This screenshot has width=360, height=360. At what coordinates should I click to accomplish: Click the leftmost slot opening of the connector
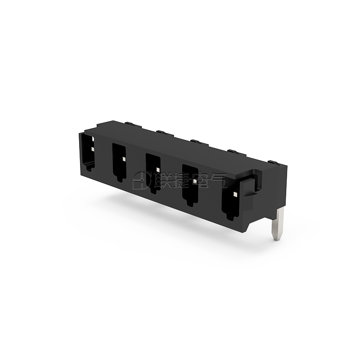88,153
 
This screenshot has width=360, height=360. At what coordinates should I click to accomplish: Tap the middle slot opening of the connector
153,173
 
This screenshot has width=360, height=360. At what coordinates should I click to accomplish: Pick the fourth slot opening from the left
190,185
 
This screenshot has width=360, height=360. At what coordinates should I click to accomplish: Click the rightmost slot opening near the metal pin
230,199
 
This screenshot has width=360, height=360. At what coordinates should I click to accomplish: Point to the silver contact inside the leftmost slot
92,149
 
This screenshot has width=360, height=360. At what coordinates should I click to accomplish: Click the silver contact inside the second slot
124,159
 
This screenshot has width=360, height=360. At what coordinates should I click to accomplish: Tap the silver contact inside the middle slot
158,170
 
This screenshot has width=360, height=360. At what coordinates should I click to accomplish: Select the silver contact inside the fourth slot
195,181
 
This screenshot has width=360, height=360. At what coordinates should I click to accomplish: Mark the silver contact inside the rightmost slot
235,195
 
